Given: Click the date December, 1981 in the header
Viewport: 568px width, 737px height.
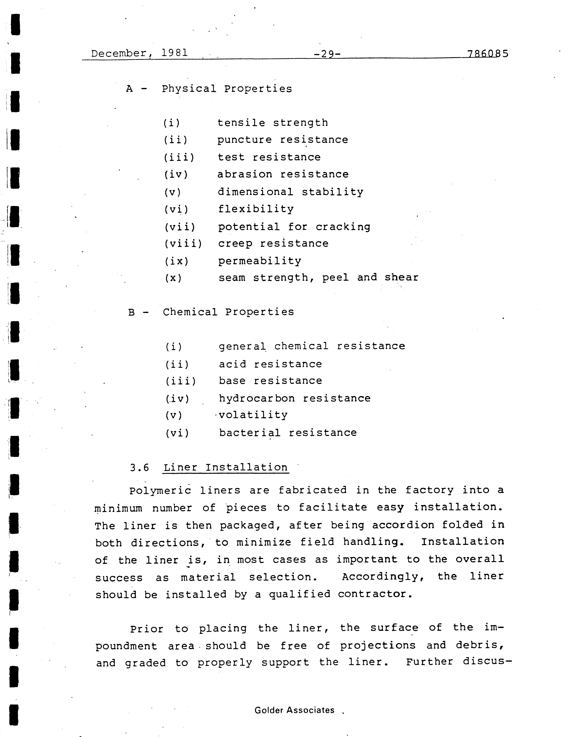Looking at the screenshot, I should tap(139, 53).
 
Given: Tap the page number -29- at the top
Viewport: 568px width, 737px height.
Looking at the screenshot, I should tap(327, 54).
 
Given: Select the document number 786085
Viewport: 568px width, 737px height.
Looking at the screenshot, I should tap(487, 54).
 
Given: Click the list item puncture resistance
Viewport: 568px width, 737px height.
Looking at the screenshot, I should tap(282, 140).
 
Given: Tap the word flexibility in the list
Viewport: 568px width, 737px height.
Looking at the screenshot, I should tap(256, 209).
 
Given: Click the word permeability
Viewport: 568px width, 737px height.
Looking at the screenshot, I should tap(259, 261).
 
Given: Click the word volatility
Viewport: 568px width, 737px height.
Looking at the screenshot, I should tap(253, 415).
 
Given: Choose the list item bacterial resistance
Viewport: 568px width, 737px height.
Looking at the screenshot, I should tap(288, 433).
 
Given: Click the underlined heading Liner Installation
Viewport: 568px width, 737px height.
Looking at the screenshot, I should tap(226, 467).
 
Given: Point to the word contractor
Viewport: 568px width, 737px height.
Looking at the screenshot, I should tap(375, 594).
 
